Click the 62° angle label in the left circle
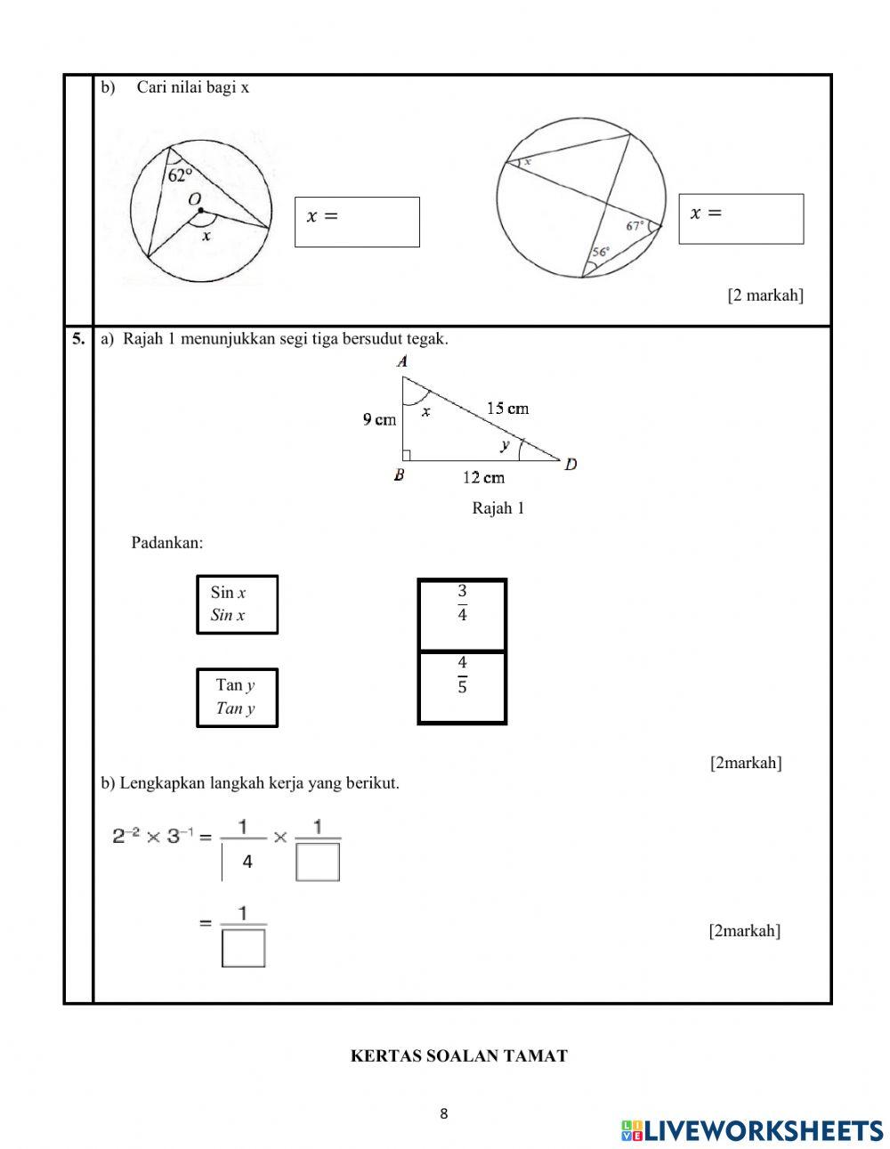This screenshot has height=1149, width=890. tap(180, 175)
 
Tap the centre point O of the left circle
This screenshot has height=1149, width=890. tap(201, 211)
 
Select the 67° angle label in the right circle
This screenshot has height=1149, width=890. tap(635, 226)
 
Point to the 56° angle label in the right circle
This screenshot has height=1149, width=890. tap(601, 252)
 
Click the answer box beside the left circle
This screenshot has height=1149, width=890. tap(357, 222)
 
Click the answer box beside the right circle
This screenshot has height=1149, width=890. tap(740, 219)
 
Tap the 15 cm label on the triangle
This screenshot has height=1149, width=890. tap(507, 409)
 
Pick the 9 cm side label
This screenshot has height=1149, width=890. tap(379, 420)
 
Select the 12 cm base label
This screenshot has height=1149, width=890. tap(483, 478)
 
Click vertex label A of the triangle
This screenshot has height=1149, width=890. tap(402, 361)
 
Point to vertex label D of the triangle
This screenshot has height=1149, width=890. tap(570, 464)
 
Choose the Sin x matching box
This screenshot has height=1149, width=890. tap(237, 604)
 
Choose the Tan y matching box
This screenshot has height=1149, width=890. tap(237, 698)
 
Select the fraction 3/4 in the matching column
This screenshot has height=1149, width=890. tap(462, 603)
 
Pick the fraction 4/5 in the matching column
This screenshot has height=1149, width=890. tap(462, 676)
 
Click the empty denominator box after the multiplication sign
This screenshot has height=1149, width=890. tap(318, 862)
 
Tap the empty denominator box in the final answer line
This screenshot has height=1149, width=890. tap(244, 948)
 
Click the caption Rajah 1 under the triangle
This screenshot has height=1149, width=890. tap(498, 508)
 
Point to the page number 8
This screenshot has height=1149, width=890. tap(444, 1113)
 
